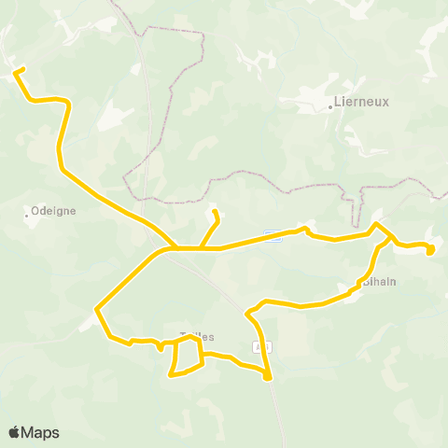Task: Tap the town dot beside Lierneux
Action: [331, 105]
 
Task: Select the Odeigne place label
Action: [53, 211]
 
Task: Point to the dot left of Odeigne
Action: [26, 216]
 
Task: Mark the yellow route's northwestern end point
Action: [16, 70]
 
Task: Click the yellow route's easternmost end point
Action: [430, 249]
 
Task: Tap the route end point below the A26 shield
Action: [268, 377]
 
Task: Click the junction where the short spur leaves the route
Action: [200, 248]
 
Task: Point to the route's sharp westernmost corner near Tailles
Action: [96, 308]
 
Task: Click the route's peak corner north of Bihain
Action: [376, 224]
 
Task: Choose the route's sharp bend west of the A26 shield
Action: [248, 315]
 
